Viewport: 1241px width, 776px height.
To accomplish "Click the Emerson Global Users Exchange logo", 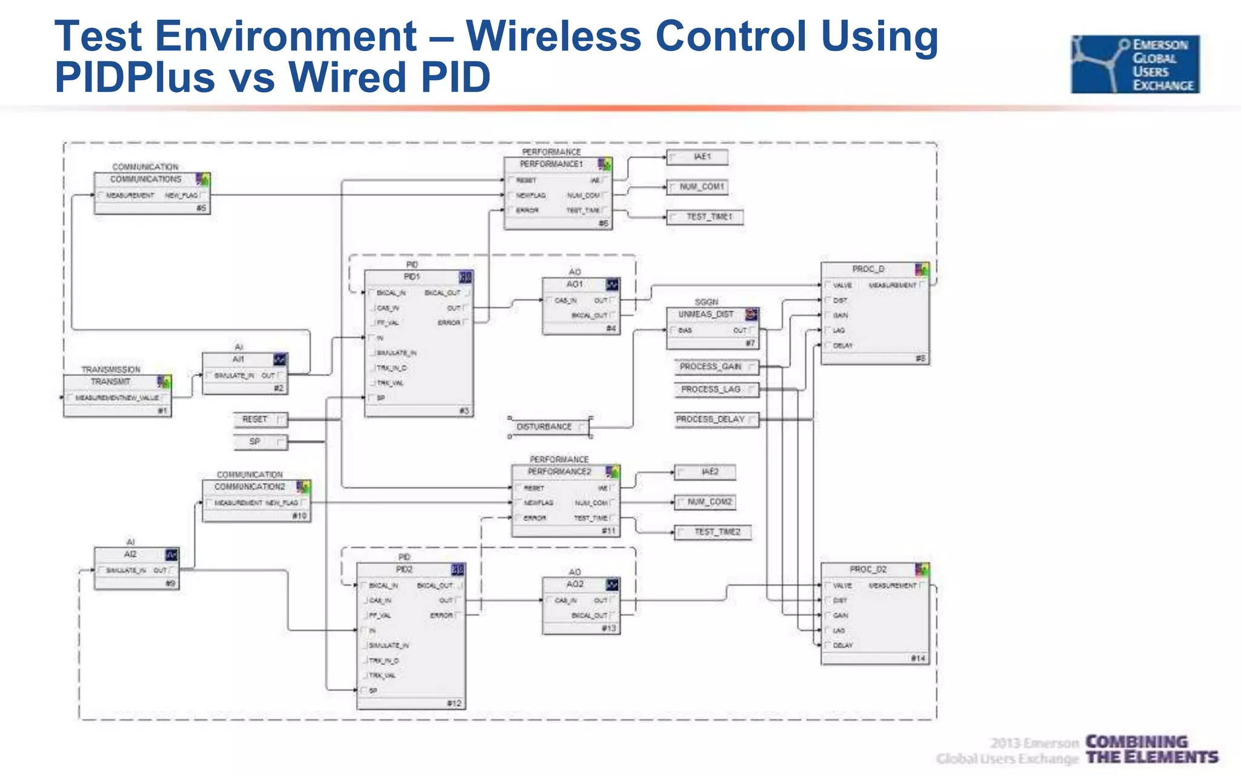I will [x=1134, y=64].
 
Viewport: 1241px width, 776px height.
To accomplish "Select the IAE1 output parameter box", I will [x=697, y=157].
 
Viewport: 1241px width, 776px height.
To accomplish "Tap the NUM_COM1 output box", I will [x=697, y=187].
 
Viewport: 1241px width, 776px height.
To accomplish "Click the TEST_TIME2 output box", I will [x=713, y=532].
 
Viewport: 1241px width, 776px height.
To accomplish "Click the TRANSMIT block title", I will [x=111, y=382].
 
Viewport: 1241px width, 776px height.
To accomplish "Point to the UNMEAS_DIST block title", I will [x=705, y=315].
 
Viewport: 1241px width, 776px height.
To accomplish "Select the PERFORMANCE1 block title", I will [x=551, y=164].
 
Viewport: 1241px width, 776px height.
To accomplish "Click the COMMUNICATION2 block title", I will [x=249, y=487].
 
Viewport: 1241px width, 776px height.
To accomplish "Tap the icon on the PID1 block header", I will [x=465, y=277].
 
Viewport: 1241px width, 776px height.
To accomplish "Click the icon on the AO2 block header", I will [x=612, y=584].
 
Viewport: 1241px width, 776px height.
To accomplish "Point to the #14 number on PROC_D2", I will [x=918, y=658].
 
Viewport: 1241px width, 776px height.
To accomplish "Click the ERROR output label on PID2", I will [x=441, y=615].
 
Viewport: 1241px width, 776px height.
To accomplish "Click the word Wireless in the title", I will [x=553, y=36].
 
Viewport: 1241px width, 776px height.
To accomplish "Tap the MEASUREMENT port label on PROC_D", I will [x=892, y=285].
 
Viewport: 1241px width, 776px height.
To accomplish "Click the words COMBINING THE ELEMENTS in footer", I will [x=1151, y=750].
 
